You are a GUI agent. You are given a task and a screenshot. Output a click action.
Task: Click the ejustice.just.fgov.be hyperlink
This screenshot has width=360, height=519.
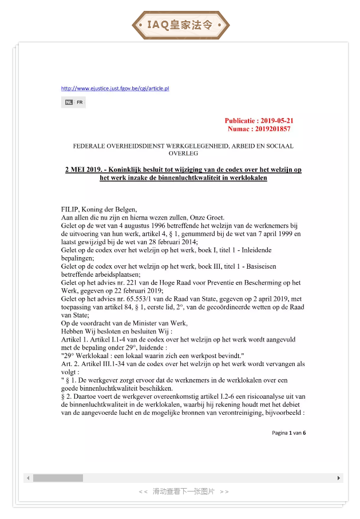115,88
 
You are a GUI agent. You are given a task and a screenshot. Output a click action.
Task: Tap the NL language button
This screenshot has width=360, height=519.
68,103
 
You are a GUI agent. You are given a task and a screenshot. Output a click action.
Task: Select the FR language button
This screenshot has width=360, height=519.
80,103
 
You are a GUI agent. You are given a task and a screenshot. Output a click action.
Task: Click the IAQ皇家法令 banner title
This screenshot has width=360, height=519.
180,25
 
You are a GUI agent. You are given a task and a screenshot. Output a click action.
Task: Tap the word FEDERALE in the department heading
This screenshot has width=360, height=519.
90,146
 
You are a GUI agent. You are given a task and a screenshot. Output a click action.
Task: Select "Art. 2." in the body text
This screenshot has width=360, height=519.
70,364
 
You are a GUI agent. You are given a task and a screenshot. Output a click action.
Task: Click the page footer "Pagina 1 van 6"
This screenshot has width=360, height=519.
288,433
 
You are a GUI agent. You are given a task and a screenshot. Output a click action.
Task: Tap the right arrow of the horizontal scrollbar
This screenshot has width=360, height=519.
338,478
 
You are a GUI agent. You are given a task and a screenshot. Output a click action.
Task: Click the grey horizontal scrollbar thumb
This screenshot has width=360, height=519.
58,478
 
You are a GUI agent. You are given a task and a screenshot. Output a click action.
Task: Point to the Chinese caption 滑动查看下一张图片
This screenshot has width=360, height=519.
183,492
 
